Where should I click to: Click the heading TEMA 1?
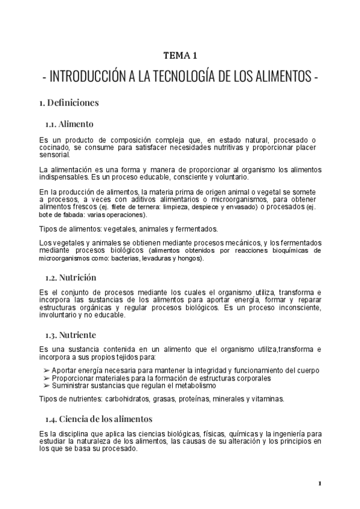pos(180,56)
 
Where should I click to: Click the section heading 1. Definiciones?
pos(68,103)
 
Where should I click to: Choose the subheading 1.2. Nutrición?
pos(71,277)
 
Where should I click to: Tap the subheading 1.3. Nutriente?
pos(71,334)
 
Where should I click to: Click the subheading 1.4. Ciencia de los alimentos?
pos(98,418)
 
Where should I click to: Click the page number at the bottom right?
pos(320,483)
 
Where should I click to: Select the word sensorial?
pos(54,154)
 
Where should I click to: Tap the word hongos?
pos(190,258)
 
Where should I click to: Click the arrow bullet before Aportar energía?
pos(47,370)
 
